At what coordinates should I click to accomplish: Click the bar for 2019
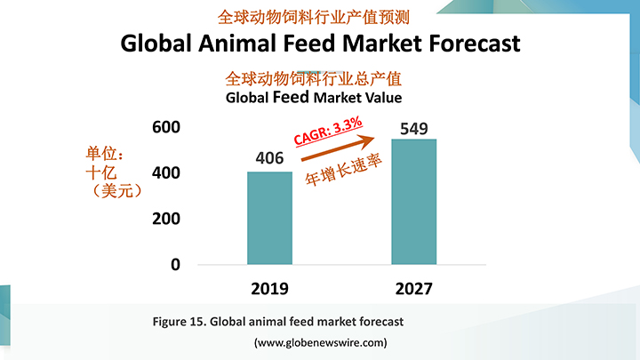[269, 218]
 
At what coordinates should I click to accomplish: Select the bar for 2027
[414, 202]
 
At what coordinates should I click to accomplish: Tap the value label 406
[269, 159]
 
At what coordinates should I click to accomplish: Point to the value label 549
[414, 128]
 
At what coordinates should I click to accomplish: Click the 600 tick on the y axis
[166, 127]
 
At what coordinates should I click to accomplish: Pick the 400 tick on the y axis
[166, 172]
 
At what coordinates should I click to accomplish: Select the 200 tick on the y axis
[166, 219]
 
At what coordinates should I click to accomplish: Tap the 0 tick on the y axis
[174, 265]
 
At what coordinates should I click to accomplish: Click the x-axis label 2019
[269, 289]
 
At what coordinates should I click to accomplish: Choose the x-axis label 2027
[414, 289]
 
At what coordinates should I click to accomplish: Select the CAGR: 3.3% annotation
[328, 130]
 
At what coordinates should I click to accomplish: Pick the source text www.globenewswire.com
[320, 342]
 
